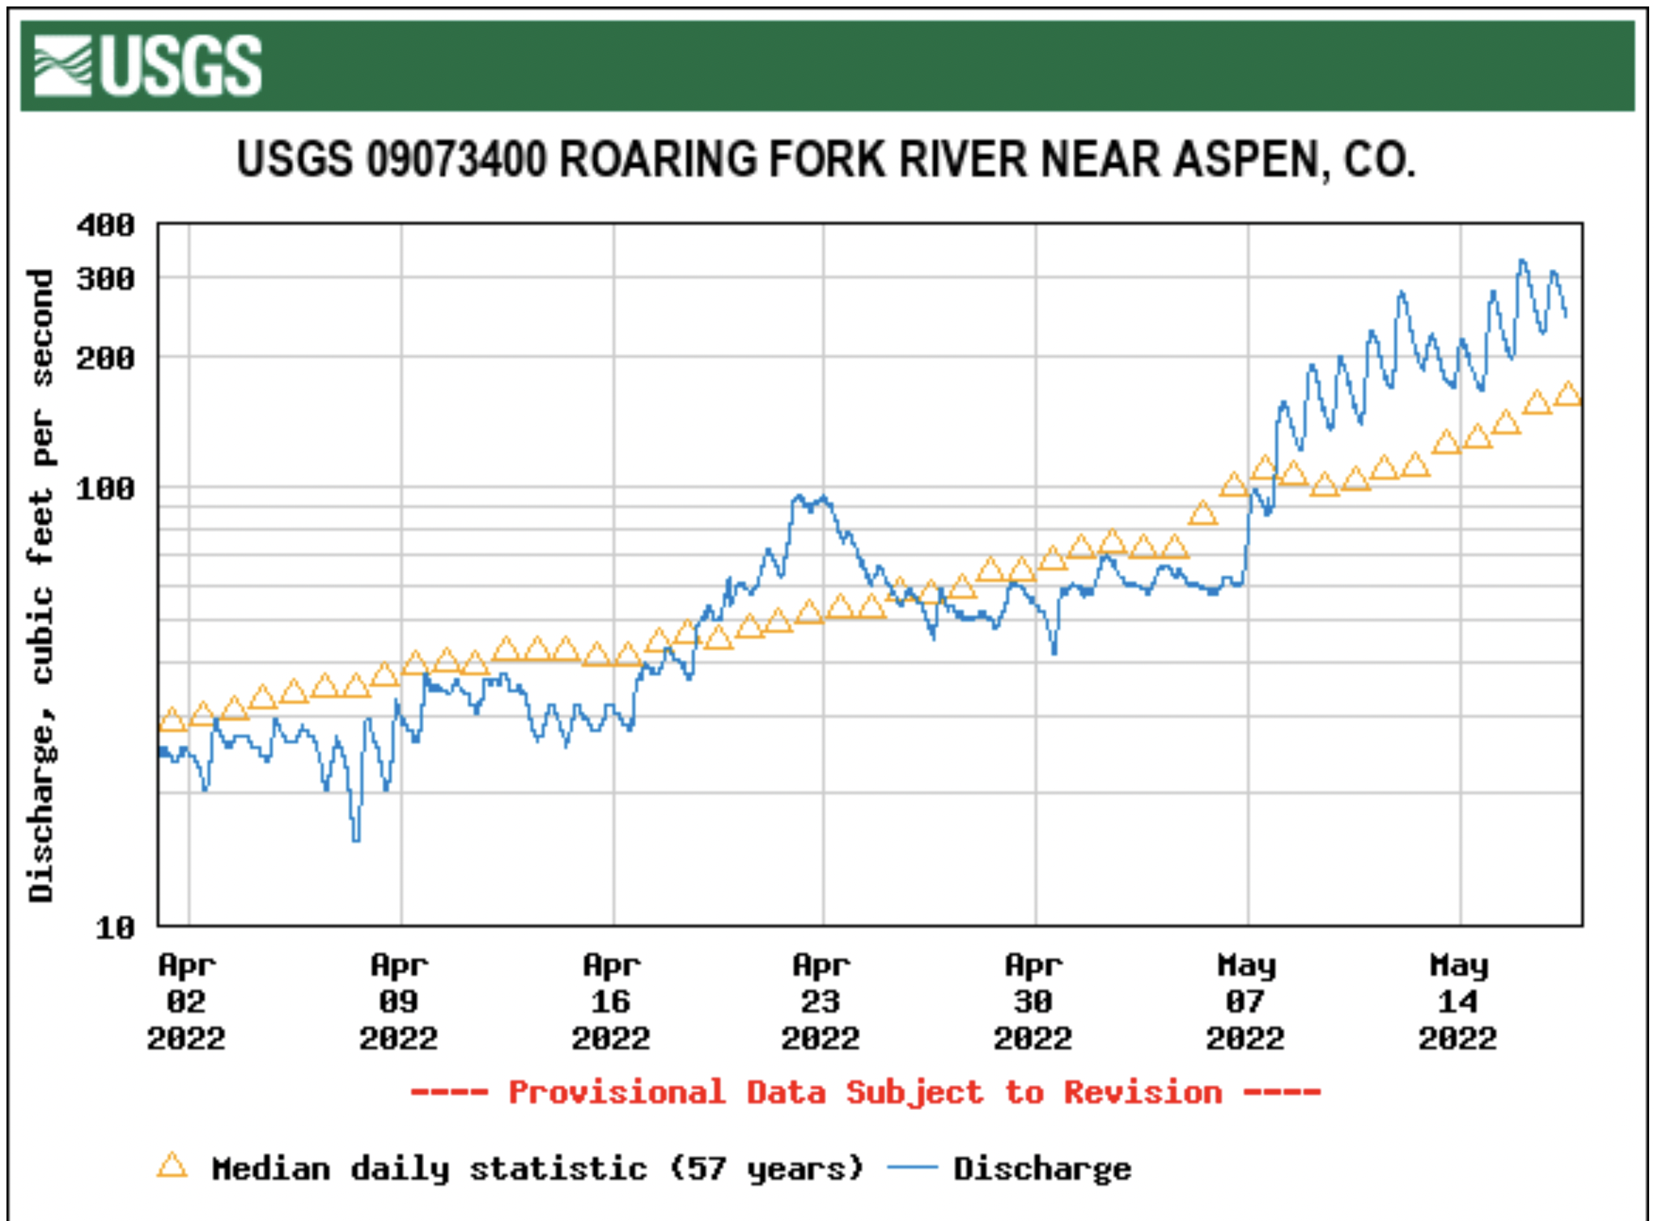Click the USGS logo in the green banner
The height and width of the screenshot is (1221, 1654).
tap(148, 66)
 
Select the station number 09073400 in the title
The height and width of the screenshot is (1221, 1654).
tap(456, 160)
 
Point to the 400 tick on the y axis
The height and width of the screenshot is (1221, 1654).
tap(105, 225)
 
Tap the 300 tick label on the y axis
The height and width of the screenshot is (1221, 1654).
tap(105, 279)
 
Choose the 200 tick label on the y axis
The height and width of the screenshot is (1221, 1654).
tap(105, 358)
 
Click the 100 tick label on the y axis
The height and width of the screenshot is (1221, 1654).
tap(105, 489)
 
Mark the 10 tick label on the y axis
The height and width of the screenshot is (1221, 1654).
tap(115, 927)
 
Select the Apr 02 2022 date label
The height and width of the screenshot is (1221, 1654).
tap(186, 1002)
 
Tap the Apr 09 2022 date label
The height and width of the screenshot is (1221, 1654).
tap(399, 1002)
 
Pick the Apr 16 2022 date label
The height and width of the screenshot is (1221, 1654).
tap(611, 1002)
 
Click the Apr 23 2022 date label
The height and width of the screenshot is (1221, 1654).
tap(821, 1002)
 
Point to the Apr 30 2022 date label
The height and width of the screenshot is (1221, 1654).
tap(1033, 1002)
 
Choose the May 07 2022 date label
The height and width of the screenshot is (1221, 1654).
tap(1245, 1002)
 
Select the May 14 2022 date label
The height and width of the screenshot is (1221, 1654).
tap(1458, 1002)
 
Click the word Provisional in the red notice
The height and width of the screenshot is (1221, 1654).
tap(617, 1093)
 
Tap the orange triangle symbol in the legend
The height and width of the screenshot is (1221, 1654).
tap(172, 1166)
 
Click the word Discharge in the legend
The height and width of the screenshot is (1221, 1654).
tap(1042, 1169)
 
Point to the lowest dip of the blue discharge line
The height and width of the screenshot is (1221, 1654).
tap(355, 839)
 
